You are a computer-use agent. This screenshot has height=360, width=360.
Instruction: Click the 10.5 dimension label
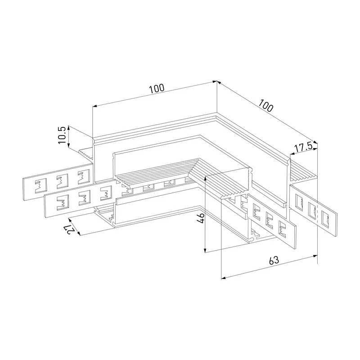tap(62, 135)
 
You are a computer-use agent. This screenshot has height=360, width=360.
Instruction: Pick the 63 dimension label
tap(274, 260)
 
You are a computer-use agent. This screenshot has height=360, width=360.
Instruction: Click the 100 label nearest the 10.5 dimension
tap(157, 88)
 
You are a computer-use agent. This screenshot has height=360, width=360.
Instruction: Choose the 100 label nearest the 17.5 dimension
tap(266, 105)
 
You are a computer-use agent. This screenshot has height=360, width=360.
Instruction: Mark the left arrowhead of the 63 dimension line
tap(223, 278)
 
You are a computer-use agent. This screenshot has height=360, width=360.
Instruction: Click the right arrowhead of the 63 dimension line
tap(315, 256)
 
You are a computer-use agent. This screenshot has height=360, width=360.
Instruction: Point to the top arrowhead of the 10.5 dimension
tap(69, 128)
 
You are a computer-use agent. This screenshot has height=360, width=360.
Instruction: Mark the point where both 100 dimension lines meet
tap(217, 81)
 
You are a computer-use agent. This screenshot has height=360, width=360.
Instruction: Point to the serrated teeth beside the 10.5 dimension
tap(86, 153)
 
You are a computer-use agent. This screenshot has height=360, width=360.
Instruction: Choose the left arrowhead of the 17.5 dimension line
tap(292, 153)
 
